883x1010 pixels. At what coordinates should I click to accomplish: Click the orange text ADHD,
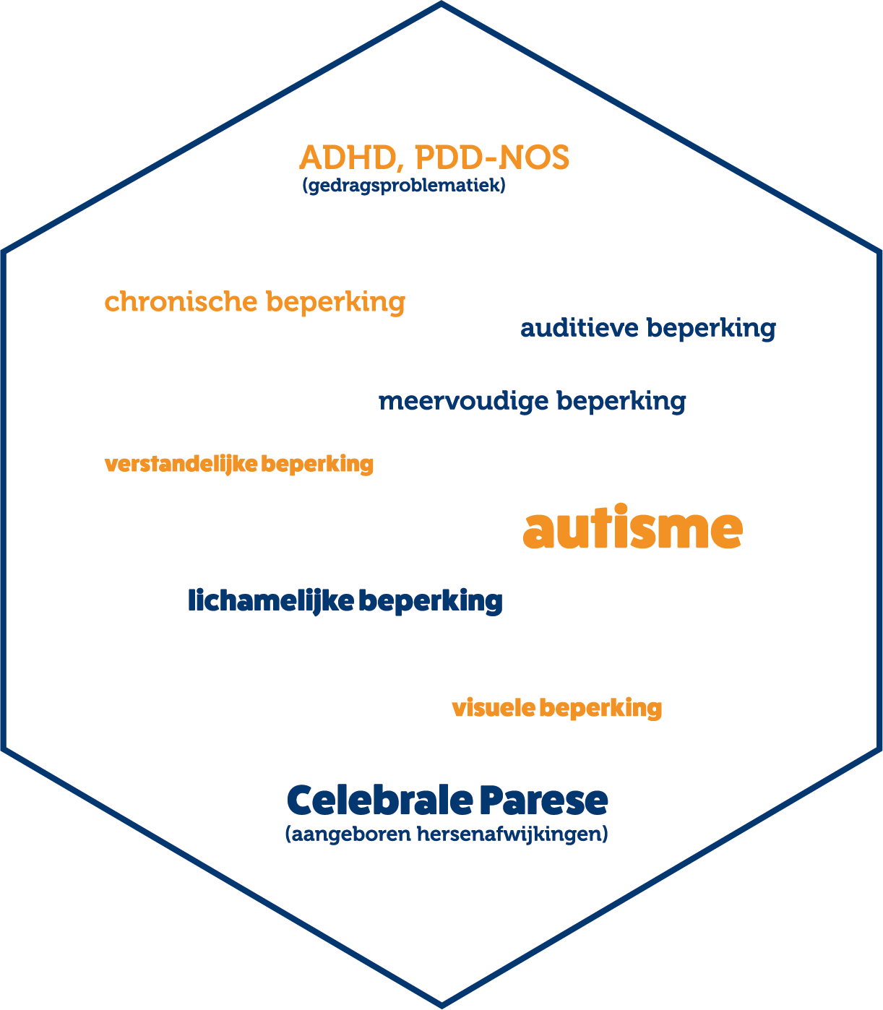click(348, 158)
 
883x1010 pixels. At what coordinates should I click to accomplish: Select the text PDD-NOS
click(492, 157)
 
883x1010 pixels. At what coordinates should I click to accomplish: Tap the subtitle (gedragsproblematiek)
click(404, 186)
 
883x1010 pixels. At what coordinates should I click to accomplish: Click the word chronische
click(181, 301)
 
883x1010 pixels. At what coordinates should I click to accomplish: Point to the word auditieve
click(580, 327)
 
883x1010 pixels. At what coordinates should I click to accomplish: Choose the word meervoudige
click(463, 402)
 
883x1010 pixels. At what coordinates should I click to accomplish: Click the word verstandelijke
click(181, 465)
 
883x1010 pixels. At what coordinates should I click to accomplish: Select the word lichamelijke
click(271, 602)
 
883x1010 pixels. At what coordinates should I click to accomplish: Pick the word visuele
click(494, 708)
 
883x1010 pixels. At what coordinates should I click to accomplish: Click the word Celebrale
click(380, 800)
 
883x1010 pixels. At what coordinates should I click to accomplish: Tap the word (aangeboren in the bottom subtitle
click(348, 834)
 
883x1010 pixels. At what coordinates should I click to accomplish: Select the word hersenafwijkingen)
click(512, 834)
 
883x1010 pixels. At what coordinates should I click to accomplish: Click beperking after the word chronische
click(335, 302)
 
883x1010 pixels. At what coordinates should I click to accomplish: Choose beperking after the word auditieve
click(711, 329)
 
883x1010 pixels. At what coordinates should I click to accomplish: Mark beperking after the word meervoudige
click(621, 402)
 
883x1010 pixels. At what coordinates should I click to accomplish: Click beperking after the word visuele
click(600, 709)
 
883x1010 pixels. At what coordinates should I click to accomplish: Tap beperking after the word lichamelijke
click(431, 602)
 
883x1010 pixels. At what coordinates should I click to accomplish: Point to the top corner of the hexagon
click(441, 3)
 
